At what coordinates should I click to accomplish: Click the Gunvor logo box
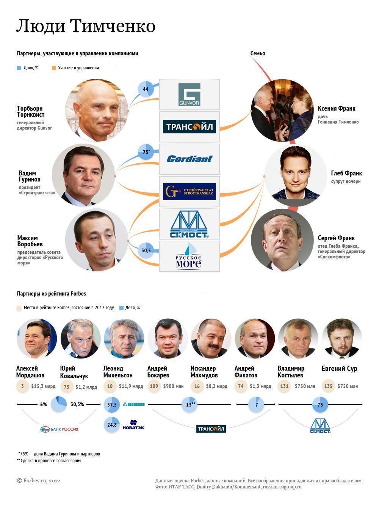click(x=189, y=94)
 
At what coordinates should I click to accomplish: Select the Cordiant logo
click(x=189, y=159)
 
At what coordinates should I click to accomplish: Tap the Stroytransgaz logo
click(x=189, y=191)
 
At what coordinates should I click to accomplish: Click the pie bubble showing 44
click(x=146, y=89)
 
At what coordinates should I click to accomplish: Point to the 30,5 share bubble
click(x=146, y=250)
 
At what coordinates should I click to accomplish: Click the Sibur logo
click(x=134, y=404)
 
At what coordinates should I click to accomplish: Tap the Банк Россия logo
click(x=59, y=429)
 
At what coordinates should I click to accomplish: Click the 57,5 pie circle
click(x=112, y=404)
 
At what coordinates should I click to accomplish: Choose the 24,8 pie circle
click(x=112, y=425)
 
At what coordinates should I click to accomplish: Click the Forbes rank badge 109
click(x=154, y=386)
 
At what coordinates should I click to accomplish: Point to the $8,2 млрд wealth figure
click(x=217, y=386)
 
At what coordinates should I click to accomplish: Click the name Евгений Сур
click(x=339, y=369)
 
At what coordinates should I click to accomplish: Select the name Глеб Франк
click(x=346, y=173)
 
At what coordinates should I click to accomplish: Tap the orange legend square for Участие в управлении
click(x=54, y=68)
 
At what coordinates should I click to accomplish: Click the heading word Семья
click(x=258, y=53)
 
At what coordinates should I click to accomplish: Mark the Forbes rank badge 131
click(x=285, y=386)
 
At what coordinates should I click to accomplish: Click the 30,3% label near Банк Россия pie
click(x=77, y=404)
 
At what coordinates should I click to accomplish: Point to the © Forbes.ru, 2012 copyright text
click(x=38, y=480)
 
